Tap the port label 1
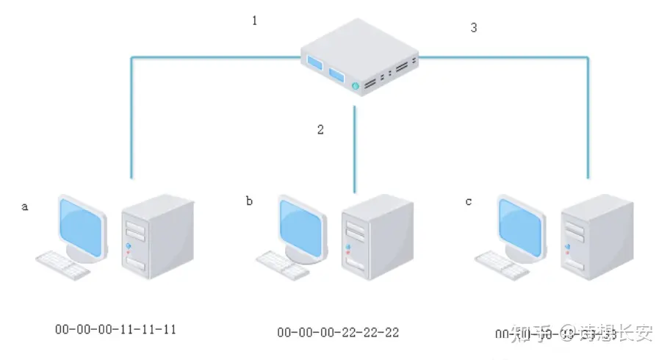(x=255, y=21)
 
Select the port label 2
(x=320, y=130)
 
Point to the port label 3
(x=474, y=28)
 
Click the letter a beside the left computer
(x=24, y=207)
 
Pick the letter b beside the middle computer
(x=250, y=201)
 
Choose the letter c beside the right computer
(x=469, y=201)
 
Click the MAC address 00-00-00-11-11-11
(x=116, y=329)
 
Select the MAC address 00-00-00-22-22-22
(x=338, y=333)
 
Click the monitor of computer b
(x=300, y=225)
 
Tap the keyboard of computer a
(x=62, y=266)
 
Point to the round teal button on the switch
(x=356, y=87)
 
